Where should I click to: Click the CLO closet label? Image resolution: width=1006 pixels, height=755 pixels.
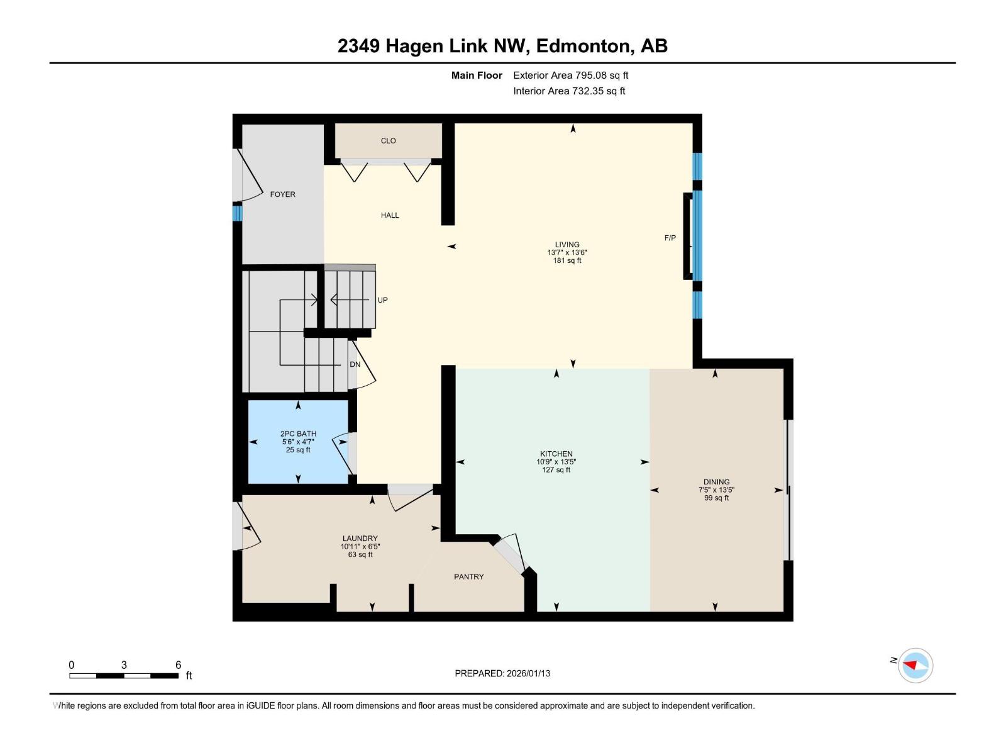(388, 141)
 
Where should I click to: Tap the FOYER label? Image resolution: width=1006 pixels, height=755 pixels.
(282, 194)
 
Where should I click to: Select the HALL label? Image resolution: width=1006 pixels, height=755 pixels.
(390, 215)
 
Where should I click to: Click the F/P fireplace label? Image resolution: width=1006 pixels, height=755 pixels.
(670, 238)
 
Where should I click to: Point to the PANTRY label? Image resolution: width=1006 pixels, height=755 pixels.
(468, 576)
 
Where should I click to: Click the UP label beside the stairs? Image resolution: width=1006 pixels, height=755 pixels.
(382, 300)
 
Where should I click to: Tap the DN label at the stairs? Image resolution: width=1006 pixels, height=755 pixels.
(355, 364)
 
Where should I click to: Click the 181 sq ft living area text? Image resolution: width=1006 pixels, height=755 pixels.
(567, 260)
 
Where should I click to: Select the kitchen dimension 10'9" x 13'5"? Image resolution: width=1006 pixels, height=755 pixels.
(556, 462)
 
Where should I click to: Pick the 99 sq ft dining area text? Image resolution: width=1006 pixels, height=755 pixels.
(716, 498)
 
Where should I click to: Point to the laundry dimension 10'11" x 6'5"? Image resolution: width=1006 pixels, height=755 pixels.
(360, 547)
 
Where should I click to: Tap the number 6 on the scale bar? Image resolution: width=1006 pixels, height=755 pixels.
(178, 665)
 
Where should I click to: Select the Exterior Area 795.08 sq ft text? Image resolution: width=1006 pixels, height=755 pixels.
(570, 75)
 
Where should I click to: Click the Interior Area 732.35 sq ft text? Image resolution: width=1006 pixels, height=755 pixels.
(569, 91)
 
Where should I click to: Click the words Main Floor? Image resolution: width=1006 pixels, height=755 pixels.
(477, 75)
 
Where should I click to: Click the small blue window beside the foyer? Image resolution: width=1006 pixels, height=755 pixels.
(237, 213)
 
